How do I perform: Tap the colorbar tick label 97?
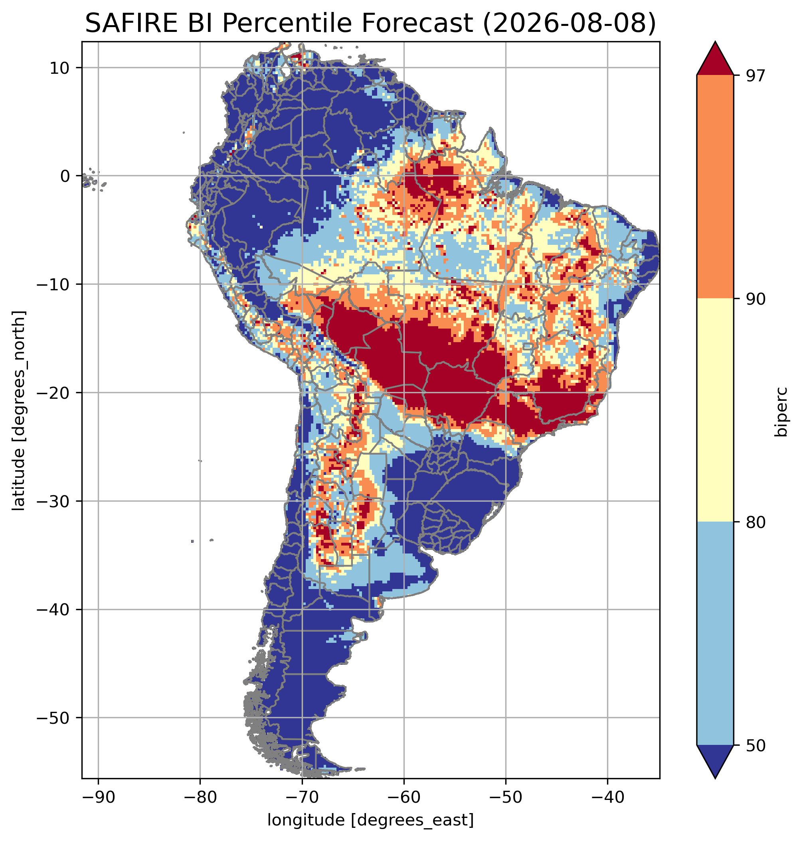tap(756, 75)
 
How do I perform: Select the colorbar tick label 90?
tap(756, 299)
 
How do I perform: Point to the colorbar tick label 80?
tap(756, 522)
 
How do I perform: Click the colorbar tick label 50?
tap(756, 745)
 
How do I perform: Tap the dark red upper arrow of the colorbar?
tap(715, 60)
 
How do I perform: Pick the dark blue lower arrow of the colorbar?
tap(715, 760)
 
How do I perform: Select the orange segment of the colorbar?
tap(715, 187)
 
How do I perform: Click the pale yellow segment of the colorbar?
tap(715, 410)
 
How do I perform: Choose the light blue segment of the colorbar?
tap(715, 634)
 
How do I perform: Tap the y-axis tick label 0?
tap(65, 176)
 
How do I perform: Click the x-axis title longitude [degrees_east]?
tap(371, 819)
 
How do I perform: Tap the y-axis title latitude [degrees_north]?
tap(18, 410)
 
